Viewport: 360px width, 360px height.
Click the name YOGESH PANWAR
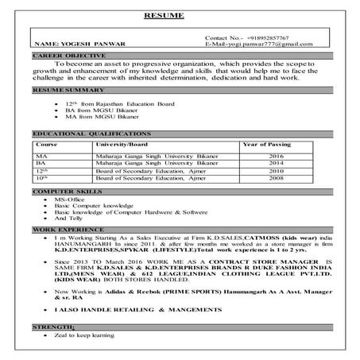point(72,45)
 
